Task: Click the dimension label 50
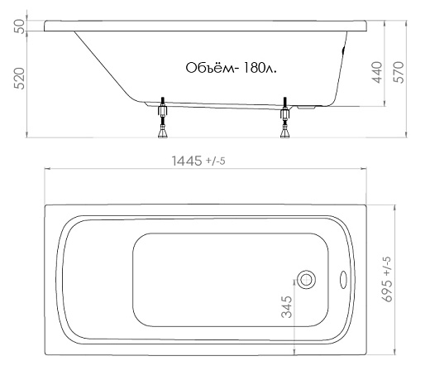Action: (x=19, y=26)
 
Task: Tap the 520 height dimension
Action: (x=19, y=79)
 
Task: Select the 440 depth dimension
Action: (x=377, y=72)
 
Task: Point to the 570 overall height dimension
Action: (x=399, y=72)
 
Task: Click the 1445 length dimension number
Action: (x=187, y=161)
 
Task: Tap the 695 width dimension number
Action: (x=387, y=291)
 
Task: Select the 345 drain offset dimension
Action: (x=287, y=307)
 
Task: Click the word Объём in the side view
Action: (x=211, y=68)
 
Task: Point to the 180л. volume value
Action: (x=260, y=68)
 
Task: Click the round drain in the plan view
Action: (x=307, y=280)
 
